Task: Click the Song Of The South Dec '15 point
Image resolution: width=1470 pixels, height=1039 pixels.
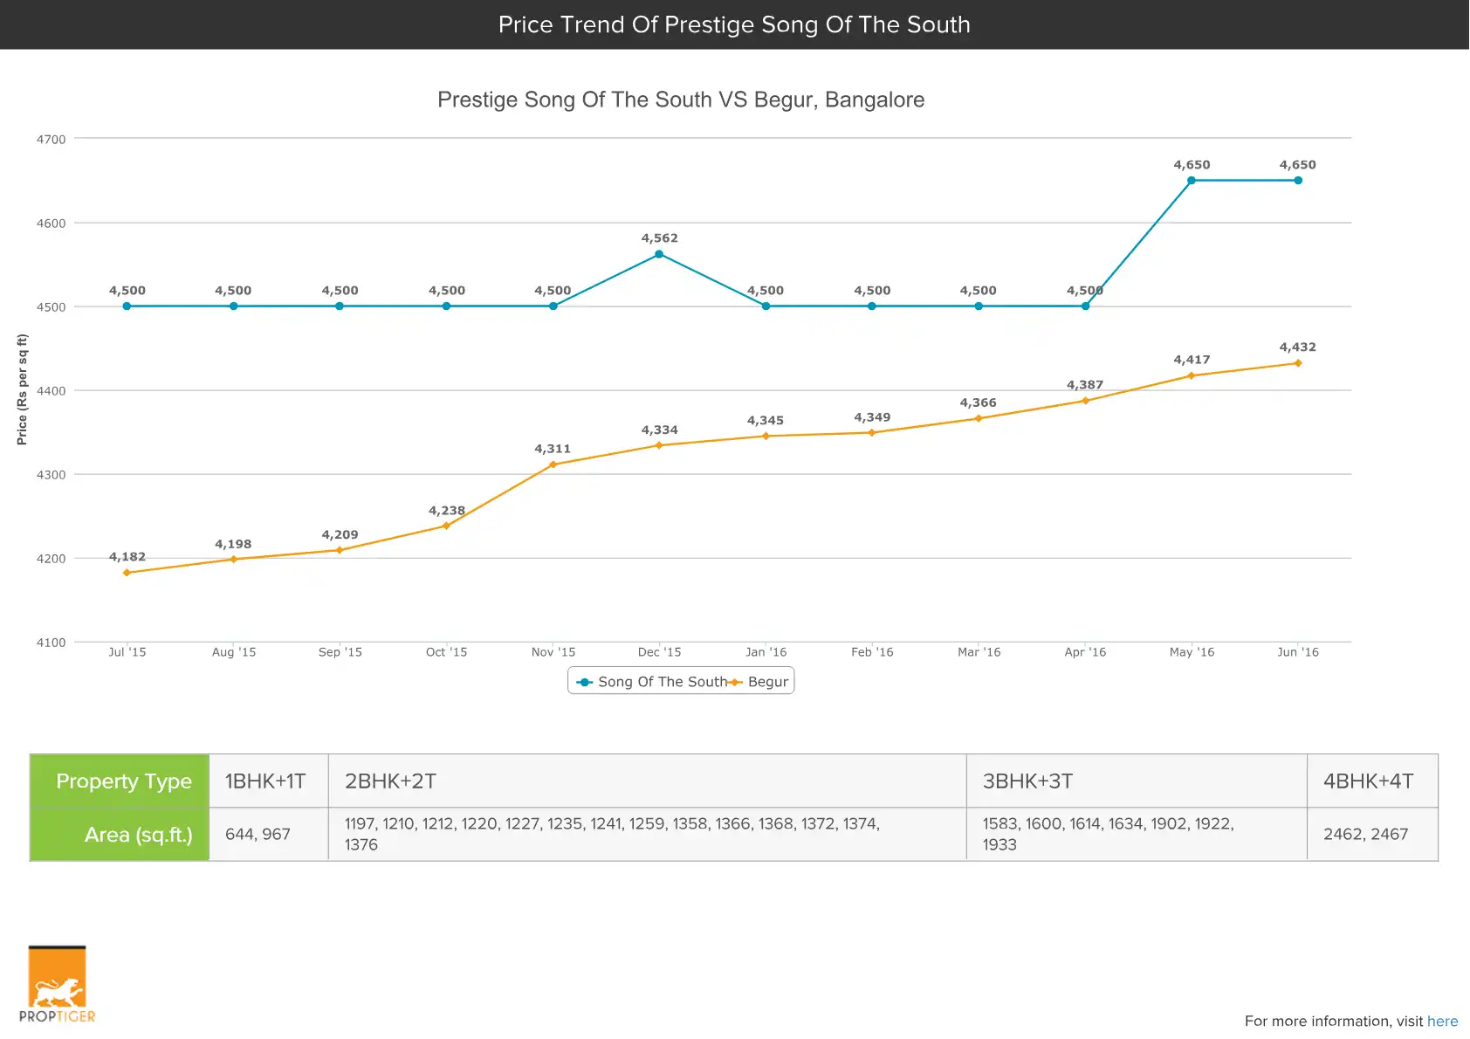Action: click(659, 254)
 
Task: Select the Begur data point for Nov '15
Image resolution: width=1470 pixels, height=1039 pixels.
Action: click(553, 464)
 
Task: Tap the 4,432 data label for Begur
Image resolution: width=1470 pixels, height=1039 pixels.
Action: click(1297, 347)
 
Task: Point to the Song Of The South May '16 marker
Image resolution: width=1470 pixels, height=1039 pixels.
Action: click(1192, 181)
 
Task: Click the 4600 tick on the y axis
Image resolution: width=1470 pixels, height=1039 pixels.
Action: click(51, 224)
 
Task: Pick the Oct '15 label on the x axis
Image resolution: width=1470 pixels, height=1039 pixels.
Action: click(446, 652)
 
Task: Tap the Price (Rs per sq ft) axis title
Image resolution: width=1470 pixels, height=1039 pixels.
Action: click(23, 389)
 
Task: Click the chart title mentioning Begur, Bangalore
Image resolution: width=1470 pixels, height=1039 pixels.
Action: click(680, 100)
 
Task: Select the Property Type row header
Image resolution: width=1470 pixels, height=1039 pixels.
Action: click(123, 781)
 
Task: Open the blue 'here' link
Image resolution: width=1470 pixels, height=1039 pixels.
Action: click(1442, 1022)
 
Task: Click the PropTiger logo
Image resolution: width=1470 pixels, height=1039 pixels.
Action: click(57, 985)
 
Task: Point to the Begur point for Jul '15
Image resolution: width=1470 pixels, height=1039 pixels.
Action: click(127, 573)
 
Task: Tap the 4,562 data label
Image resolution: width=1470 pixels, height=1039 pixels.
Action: click(659, 238)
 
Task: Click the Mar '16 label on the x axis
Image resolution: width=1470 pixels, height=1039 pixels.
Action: click(979, 652)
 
